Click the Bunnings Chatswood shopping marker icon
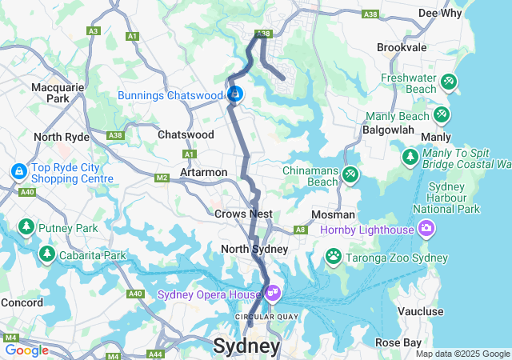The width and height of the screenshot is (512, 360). tap(234, 95)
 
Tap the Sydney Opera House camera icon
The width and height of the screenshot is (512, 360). tap(273, 294)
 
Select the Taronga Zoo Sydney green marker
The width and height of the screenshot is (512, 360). tap(333, 256)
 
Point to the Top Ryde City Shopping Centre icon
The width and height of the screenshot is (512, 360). tap(18, 171)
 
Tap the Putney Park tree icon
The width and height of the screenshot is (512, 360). tap(26, 227)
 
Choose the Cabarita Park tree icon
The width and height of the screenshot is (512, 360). tap(46, 254)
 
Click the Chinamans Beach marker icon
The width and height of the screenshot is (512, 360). tap(350, 174)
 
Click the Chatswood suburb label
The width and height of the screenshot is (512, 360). tap(186, 135)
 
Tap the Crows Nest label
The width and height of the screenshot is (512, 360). tap(243, 214)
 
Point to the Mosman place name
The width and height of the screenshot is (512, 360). tap(334, 214)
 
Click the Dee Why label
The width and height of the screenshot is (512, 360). tap(439, 13)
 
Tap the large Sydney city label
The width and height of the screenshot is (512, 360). tap(246, 346)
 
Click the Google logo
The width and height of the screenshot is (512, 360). tap(26, 350)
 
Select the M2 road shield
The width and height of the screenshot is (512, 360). tap(162, 178)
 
